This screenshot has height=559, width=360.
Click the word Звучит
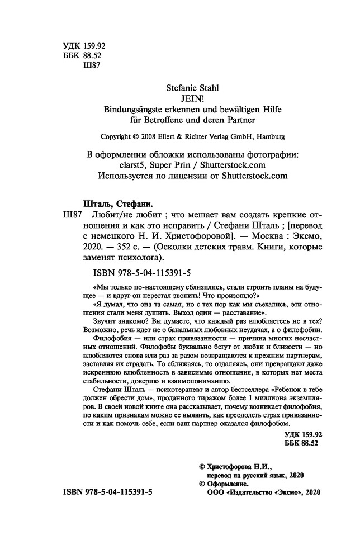[x=94, y=326]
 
